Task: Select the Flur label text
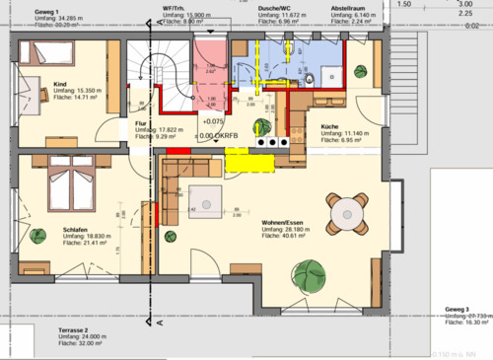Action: coord(141,122)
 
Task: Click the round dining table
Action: coord(347,211)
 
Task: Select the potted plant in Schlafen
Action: coord(38,236)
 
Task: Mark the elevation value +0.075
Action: coord(213,124)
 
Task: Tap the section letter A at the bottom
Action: coord(160,321)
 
